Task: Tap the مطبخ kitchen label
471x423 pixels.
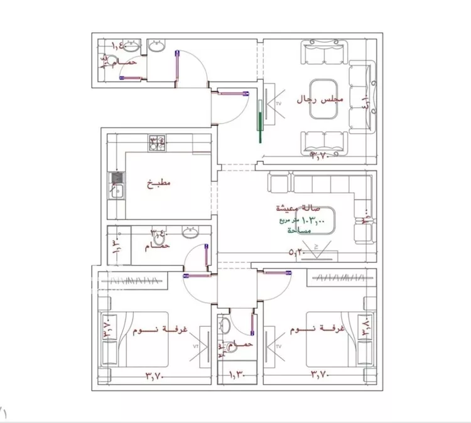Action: (x=159, y=184)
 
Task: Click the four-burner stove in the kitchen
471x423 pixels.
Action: (x=158, y=143)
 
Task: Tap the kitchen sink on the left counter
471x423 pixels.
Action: (x=116, y=186)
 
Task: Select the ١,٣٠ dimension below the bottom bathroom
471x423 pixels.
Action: (x=235, y=376)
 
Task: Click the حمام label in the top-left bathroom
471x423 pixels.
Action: (x=127, y=63)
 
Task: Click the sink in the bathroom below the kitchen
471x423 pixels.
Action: (x=190, y=233)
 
